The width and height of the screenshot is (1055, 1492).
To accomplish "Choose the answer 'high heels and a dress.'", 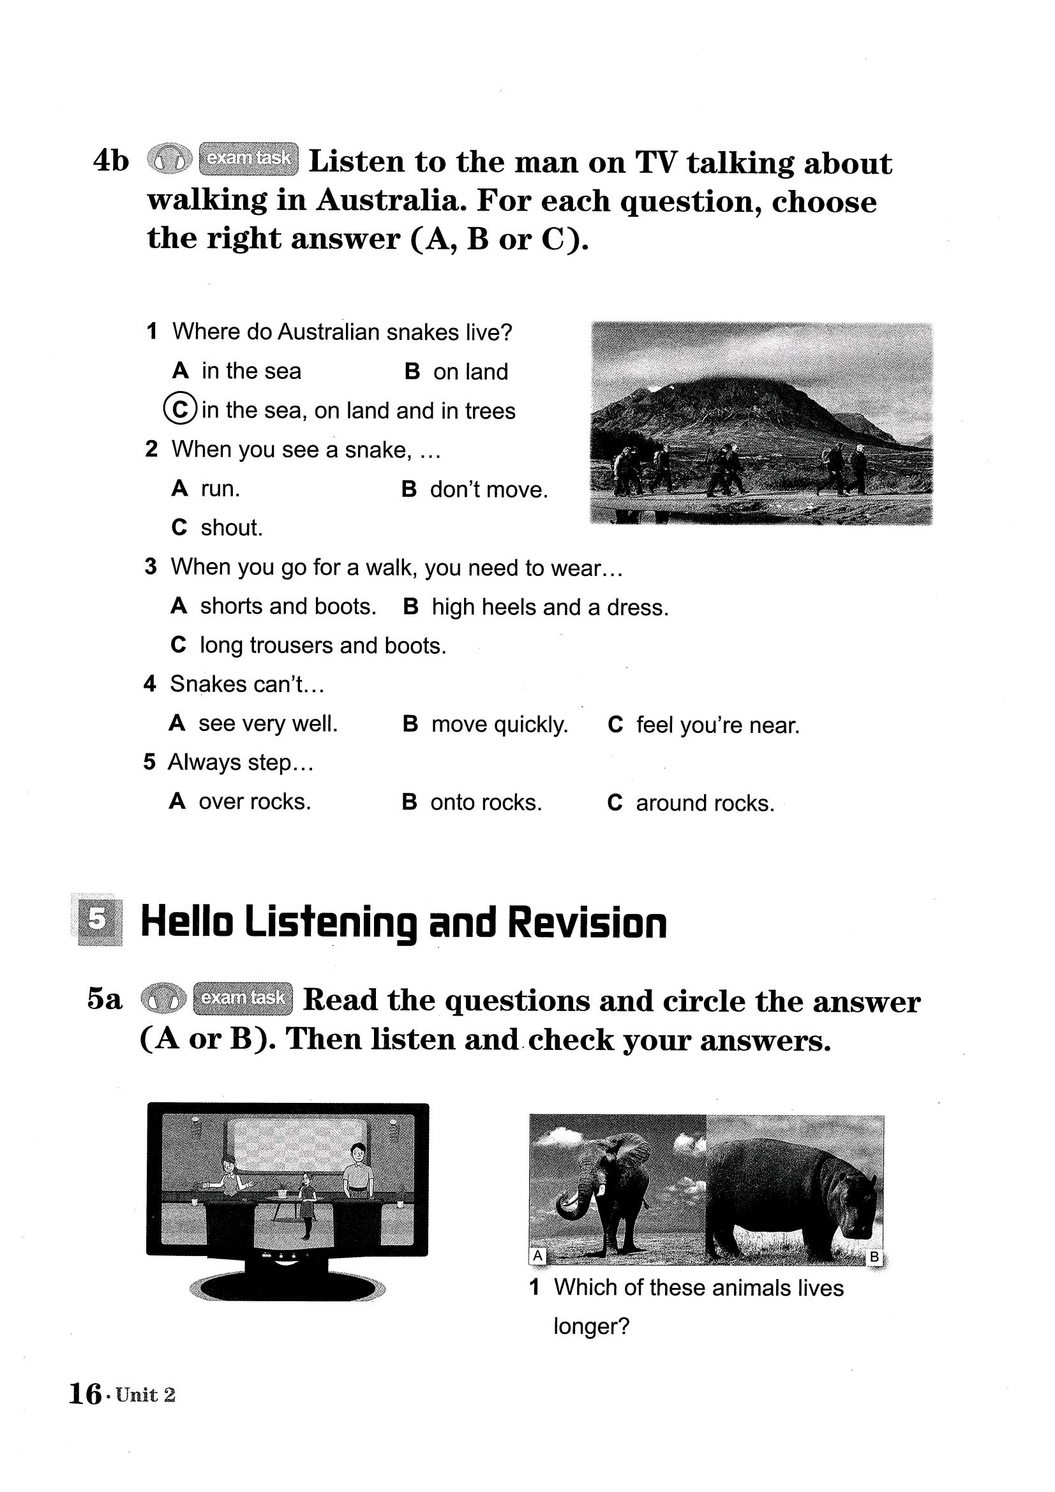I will coord(550,607).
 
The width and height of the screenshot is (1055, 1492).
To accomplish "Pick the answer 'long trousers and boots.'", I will coord(322,646).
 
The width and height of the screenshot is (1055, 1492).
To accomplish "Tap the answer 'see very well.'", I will coord(268,723).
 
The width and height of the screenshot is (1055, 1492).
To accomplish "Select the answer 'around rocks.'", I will coord(705,803).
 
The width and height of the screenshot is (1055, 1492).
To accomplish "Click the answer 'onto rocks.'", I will coord(486,802).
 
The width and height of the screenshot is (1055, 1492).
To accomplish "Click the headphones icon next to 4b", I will coord(170,159).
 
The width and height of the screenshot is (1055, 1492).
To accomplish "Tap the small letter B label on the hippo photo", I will coord(874,1256).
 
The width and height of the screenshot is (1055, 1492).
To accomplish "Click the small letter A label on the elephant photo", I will coord(537,1255).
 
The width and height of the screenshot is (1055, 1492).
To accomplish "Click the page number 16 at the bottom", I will coord(84,1394).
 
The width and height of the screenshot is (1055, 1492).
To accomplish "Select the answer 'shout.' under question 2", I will coord(232,528).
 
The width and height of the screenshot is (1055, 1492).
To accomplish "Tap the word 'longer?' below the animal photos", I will coord(592,1326).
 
